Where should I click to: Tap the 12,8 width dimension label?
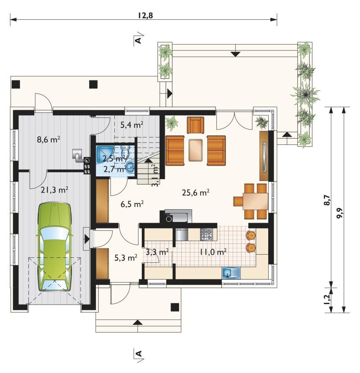[x=145, y=15]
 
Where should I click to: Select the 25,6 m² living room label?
[x=196, y=193]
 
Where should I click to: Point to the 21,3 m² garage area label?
[x=54, y=190]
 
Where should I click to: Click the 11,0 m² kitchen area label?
[x=213, y=252]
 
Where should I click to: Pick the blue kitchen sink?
[x=231, y=273]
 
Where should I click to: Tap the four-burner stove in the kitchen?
[x=206, y=234]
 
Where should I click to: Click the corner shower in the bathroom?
[x=105, y=154]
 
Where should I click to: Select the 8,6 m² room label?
[x=48, y=139]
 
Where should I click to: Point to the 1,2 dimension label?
[x=326, y=300]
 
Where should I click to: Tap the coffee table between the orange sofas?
[x=196, y=150]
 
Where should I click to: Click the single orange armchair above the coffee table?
[x=196, y=125]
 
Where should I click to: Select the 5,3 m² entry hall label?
[x=126, y=258]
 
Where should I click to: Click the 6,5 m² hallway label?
[x=132, y=204]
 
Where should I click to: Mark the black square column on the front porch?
[x=175, y=307]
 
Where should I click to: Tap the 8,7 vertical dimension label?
[x=327, y=200]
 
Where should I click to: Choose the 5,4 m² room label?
[x=131, y=125]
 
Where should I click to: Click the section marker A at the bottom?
[x=139, y=354]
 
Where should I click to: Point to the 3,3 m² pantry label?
[x=157, y=252]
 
